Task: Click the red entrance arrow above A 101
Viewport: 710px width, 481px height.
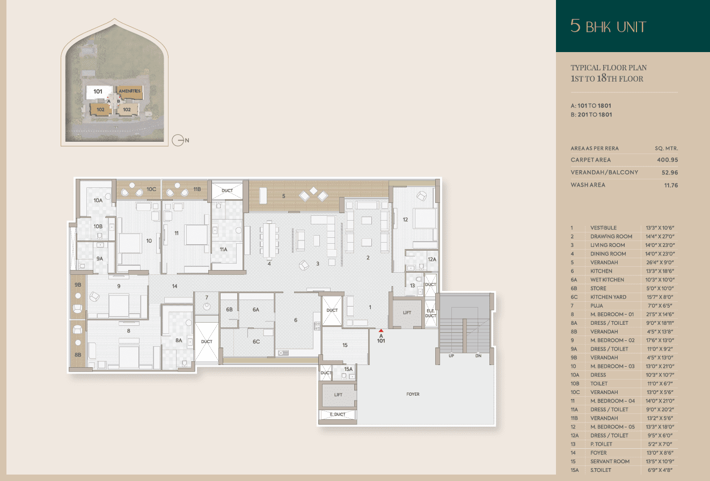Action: tap(381, 331)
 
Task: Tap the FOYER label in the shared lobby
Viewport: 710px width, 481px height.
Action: tap(413, 394)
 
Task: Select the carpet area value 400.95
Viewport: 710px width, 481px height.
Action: tap(668, 160)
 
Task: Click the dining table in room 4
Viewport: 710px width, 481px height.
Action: tap(269, 239)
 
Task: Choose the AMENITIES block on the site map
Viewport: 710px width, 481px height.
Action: tap(129, 91)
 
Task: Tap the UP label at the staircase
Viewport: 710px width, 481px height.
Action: tap(451, 356)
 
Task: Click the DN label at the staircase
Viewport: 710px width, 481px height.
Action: tap(478, 356)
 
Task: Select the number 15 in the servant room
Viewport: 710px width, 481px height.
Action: tap(345, 345)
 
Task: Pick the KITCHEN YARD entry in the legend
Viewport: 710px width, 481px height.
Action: tap(608, 297)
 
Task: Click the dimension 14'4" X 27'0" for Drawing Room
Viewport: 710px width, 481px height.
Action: tap(660, 237)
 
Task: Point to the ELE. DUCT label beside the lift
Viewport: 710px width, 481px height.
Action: tap(430, 314)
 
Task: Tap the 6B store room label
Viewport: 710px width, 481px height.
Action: tap(229, 309)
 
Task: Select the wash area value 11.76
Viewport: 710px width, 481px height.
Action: tap(671, 185)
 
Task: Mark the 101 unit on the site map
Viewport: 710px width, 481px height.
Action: tap(98, 92)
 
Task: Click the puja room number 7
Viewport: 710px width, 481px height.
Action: tap(207, 297)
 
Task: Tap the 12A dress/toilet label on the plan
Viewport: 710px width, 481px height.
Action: tap(432, 259)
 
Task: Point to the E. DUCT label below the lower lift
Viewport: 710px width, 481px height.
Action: tap(338, 414)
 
